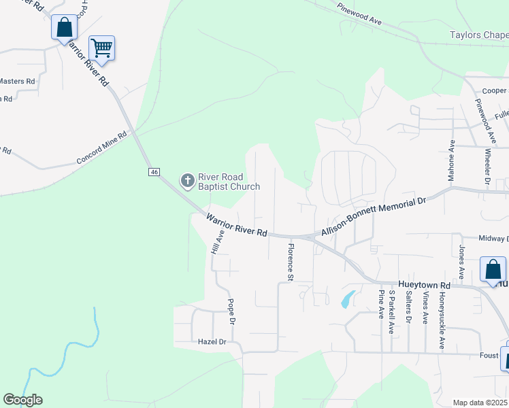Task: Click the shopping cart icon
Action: [101, 48]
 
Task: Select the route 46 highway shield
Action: [154, 172]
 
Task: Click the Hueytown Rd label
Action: [425, 286]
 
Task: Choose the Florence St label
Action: [291, 262]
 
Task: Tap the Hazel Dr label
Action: [212, 341]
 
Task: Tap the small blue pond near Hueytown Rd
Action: [347, 299]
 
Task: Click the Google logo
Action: [22, 400]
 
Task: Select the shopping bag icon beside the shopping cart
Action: [64, 29]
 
